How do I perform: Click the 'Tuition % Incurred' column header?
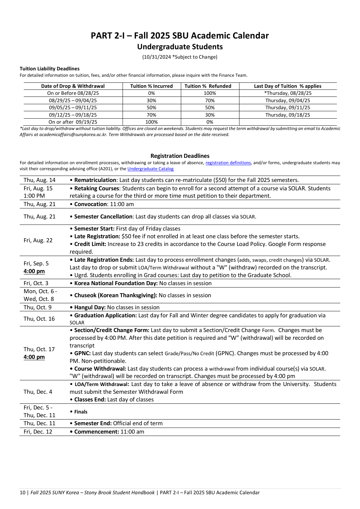(151, 86)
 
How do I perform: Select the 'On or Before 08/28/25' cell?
(73, 93)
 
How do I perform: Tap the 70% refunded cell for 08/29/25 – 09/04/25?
(210, 101)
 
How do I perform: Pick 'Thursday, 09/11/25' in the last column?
(288, 108)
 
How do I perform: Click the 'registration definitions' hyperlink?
(228, 163)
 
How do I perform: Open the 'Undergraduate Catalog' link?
(150, 169)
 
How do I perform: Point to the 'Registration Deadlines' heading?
(180, 156)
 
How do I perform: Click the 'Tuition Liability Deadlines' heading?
(50, 69)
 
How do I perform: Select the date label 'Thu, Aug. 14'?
(40, 180)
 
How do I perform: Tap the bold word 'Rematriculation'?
(95, 180)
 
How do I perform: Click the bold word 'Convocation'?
(90, 204)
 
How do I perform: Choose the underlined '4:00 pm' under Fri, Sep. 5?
(34, 271)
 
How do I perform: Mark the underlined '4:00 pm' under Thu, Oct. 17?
(34, 357)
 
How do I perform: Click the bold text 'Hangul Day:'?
(90, 307)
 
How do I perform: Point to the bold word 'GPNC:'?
(82, 353)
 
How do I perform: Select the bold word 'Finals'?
(81, 412)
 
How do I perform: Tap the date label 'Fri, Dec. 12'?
(38, 432)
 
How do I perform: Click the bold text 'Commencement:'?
(96, 432)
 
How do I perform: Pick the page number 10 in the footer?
(22, 493)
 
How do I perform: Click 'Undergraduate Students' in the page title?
(180, 47)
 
